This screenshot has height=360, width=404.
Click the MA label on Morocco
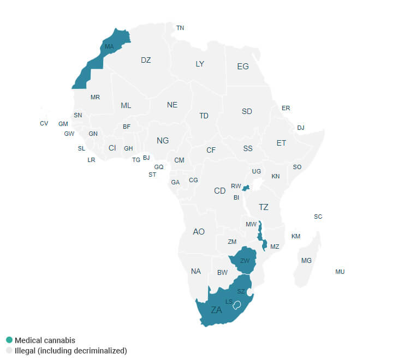click(109, 47)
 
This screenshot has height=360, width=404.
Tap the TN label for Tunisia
click(180, 28)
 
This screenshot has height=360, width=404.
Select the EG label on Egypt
click(243, 67)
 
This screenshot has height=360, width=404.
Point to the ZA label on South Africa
click(217, 310)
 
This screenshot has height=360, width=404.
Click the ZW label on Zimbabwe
click(245, 261)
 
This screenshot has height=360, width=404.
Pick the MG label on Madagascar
click(306, 261)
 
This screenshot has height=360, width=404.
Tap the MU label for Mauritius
click(340, 272)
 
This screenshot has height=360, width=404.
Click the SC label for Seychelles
click(318, 217)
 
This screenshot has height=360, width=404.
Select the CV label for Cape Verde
click(44, 123)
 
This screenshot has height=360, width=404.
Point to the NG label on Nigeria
click(163, 141)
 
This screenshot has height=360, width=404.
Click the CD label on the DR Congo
click(219, 191)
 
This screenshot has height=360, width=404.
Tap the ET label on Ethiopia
click(281, 143)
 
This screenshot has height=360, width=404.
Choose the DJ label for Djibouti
click(301, 128)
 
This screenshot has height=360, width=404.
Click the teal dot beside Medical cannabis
click(9, 340)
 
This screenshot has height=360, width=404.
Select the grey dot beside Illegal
click(9, 351)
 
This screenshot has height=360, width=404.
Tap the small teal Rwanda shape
click(246, 188)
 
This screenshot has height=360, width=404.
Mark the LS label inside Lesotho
click(229, 302)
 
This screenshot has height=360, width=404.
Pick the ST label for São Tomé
click(152, 175)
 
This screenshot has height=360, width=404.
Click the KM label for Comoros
click(296, 236)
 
